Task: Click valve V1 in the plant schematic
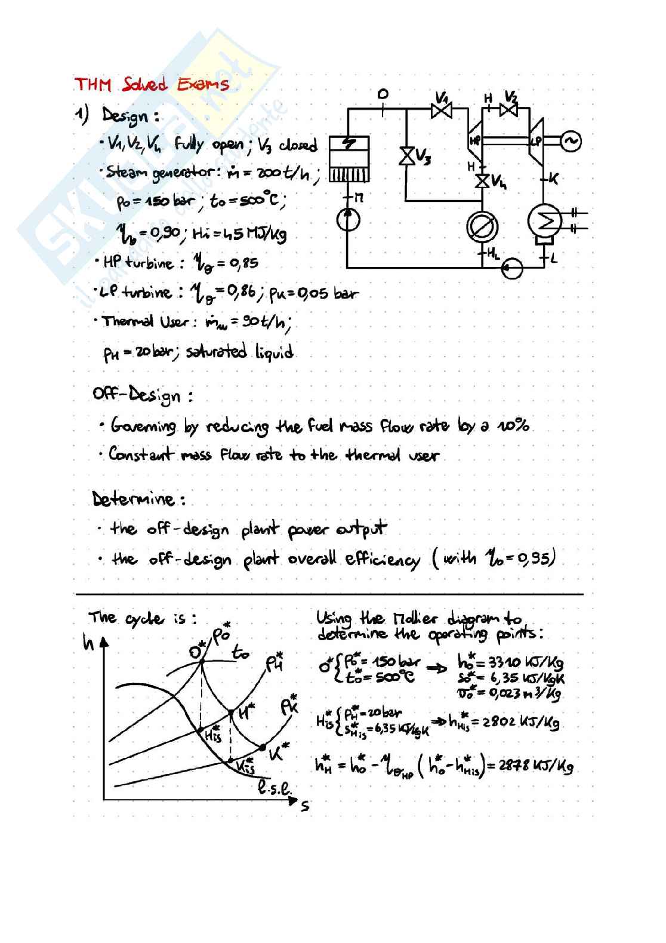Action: [x=442, y=110]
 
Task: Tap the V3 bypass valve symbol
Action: [x=409, y=156]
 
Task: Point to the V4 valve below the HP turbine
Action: [x=483, y=180]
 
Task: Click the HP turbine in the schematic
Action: [x=476, y=141]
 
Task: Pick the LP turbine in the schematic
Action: [x=536, y=140]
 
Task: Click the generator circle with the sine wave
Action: [x=571, y=141]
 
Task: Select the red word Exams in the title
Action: [x=202, y=84]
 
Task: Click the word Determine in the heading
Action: [x=134, y=499]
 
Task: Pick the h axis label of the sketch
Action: [x=88, y=643]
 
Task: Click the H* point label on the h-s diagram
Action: [x=246, y=712]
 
